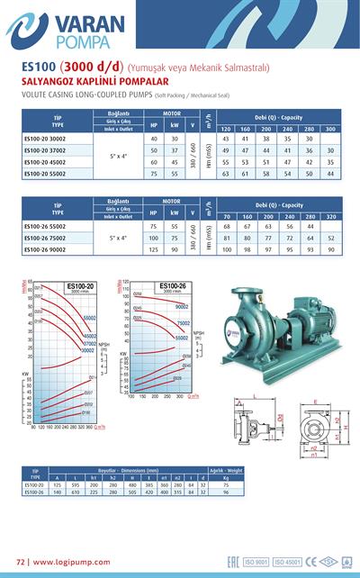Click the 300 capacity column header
(330, 130)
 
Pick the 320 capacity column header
(330, 217)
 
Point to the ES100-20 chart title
(83, 286)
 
